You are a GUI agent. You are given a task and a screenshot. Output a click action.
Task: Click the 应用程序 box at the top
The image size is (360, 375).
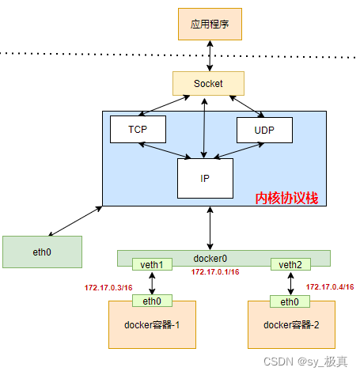coord(209,25)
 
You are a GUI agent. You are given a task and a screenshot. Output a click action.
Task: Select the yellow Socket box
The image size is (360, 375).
coord(208,83)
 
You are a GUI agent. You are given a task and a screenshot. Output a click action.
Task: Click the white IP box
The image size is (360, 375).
coord(205,178)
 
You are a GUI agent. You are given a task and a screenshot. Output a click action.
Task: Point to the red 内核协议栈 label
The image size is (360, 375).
coord(286,198)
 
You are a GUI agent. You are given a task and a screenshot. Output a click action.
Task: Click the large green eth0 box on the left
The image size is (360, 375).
coord(42,251)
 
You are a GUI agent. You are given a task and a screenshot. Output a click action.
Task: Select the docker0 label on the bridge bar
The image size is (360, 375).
coord(210,257)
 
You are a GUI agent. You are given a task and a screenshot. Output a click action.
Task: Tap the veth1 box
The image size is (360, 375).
coord(151,264)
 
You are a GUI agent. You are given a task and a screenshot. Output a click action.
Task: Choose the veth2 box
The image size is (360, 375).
coord(290,264)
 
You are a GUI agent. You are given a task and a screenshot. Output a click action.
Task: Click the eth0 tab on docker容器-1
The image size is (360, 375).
coord(152,301)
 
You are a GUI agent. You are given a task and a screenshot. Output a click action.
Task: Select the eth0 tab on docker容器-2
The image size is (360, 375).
coord(290,301)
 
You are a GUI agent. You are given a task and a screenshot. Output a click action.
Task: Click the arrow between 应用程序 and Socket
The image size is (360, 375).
coord(209,55)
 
